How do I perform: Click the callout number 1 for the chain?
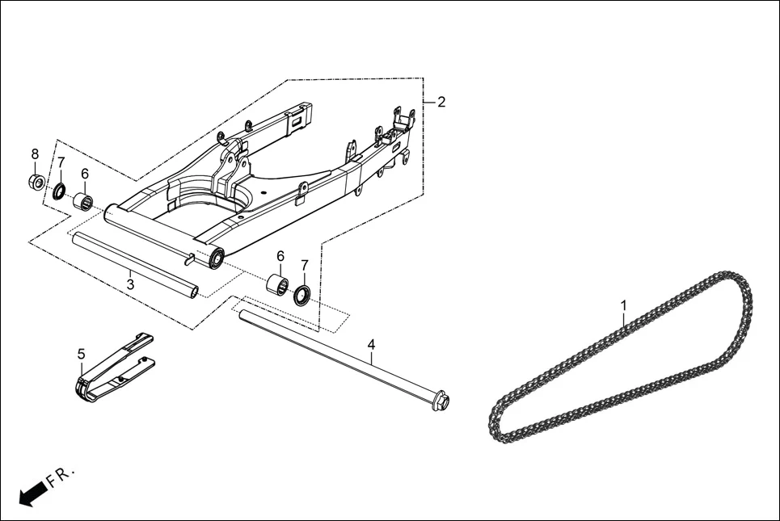click(x=623, y=306)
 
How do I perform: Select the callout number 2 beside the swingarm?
click(x=441, y=103)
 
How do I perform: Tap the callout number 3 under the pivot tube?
click(x=130, y=284)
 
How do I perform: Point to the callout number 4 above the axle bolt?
click(x=371, y=345)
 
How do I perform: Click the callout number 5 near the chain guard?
click(x=81, y=354)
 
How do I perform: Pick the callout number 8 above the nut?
click(x=35, y=154)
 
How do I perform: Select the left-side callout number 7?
click(x=61, y=162)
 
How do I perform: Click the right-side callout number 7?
click(x=305, y=265)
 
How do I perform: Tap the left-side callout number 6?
click(x=84, y=174)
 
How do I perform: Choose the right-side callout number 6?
click(x=280, y=256)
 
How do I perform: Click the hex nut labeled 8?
click(x=36, y=182)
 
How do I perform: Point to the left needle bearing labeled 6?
click(x=83, y=200)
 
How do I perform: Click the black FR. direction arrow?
click(x=31, y=493)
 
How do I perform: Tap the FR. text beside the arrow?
click(x=61, y=476)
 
